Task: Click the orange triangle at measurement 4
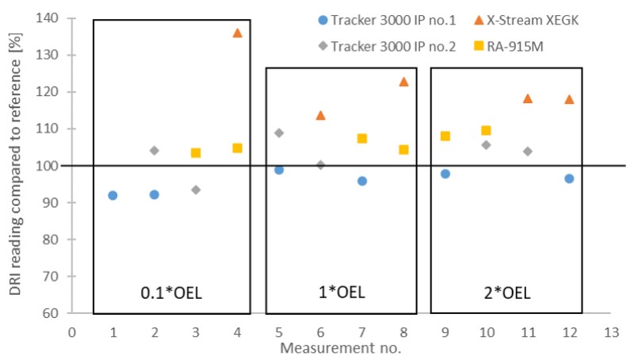point(237,33)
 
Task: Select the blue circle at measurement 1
point(113,195)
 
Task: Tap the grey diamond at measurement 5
point(279,132)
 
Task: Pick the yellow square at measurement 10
point(486,130)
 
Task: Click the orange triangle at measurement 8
point(403,81)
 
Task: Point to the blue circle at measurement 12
point(569,178)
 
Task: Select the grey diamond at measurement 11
point(528,151)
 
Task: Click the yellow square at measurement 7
point(362,138)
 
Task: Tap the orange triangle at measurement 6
point(320,115)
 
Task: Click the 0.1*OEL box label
point(171,293)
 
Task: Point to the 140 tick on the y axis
point(52,18)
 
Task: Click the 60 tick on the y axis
point(55,312)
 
